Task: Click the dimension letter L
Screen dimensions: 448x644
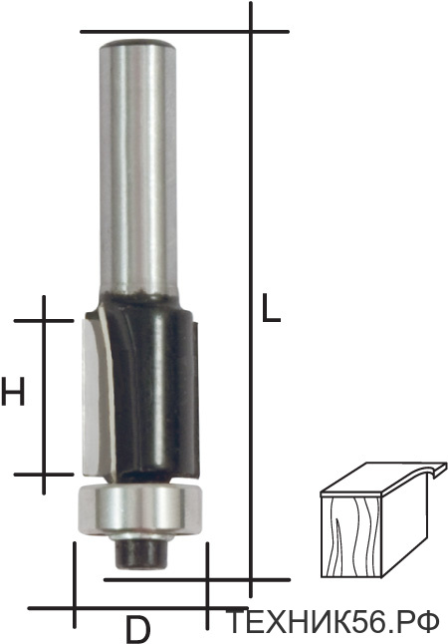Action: pyautogui.click(x=271, y=307)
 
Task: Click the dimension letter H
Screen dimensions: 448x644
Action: pyautogui.click(x=13, y=392)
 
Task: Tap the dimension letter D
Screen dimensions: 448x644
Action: pyautogui.click(x=137, y=629)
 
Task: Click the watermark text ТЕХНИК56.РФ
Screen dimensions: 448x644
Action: pyautogui.click(x=333, y=622)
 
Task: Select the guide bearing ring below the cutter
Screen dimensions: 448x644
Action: pyautogui.click(x=140, y=509)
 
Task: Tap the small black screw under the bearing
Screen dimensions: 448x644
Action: pyautogui.click(x=141, y=553)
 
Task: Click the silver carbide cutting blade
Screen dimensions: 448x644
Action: pyautogui.click(x=94, y=397)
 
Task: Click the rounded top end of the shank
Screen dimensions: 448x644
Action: pyautogui.click(x=138, y=44)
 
